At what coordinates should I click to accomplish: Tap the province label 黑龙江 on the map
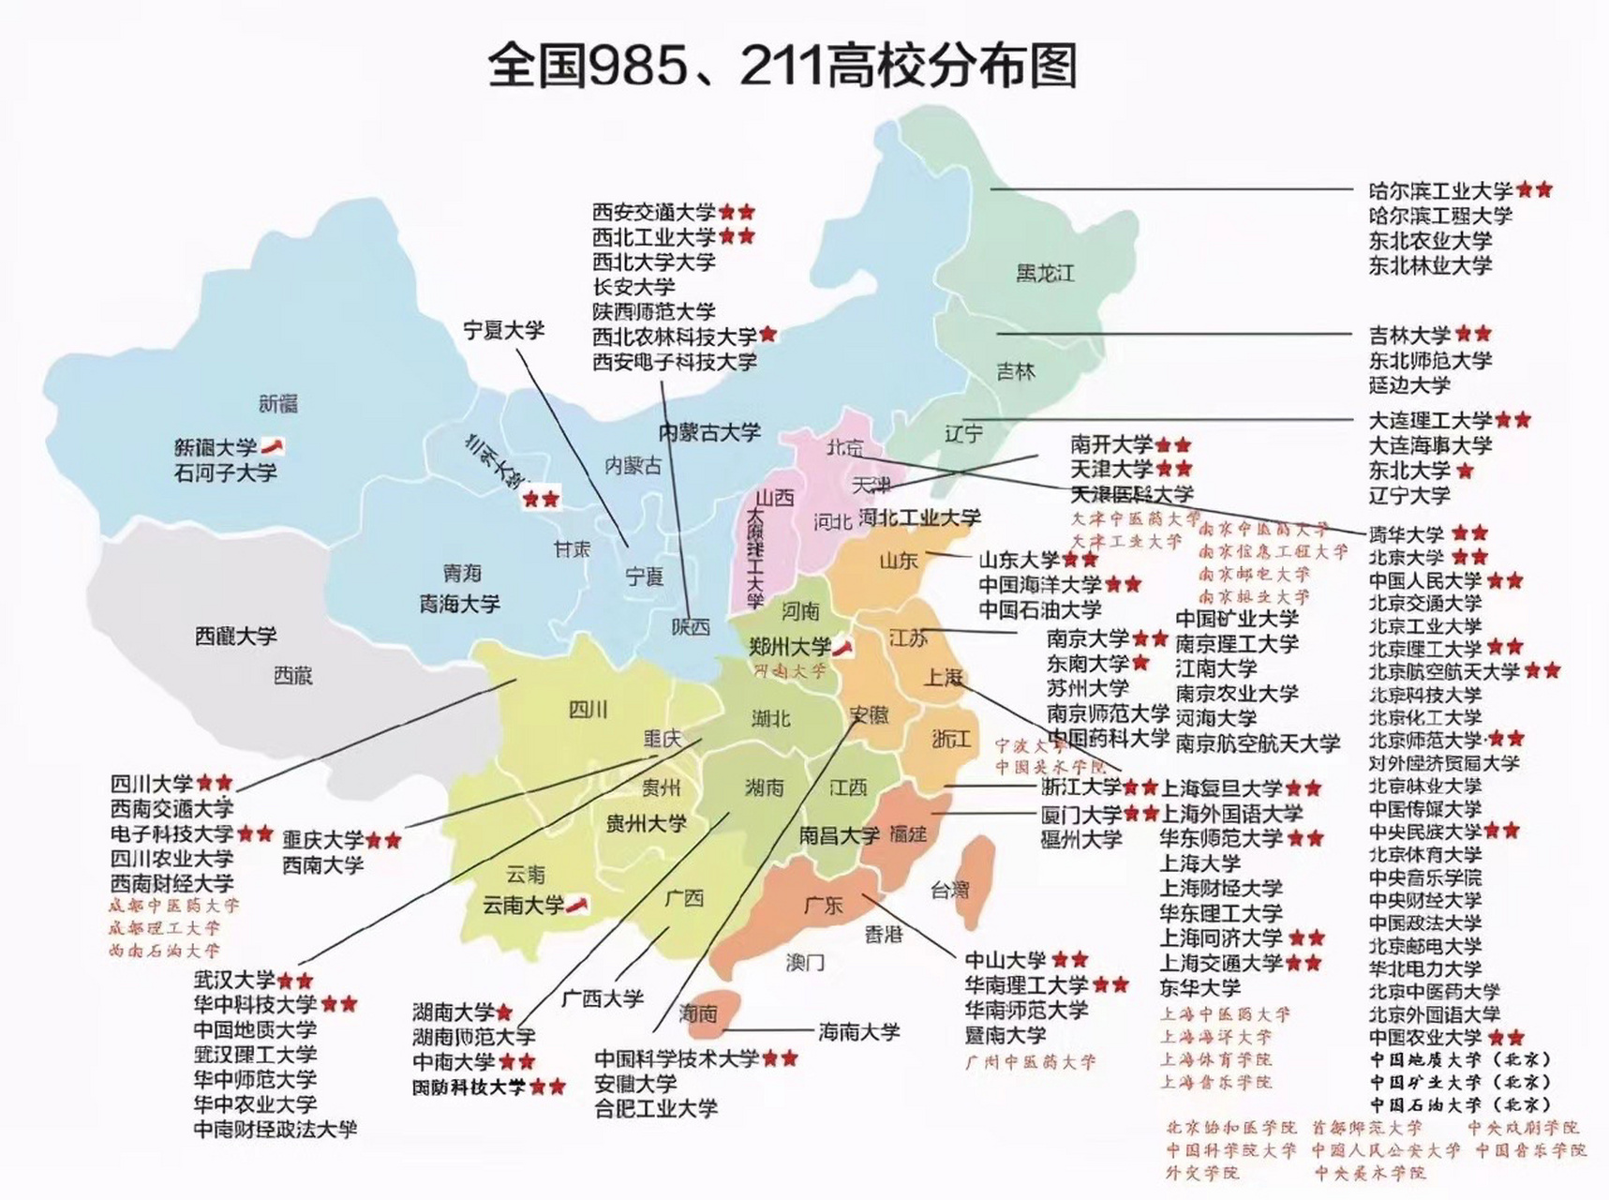pos(1045,274)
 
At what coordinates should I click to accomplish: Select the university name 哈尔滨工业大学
pos(1440,190)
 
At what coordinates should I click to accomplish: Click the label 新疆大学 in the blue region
pos(216,448)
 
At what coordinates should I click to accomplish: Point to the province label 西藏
pos(292,676)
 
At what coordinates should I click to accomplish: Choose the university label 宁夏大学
pos(503,330)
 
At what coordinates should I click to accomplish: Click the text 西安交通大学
pos(653,213)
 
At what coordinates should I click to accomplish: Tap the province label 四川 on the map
pos(588,710)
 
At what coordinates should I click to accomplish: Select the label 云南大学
pos(523,906)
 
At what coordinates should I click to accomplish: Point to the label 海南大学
pos(858,1032)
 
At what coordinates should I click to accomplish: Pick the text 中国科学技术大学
pos(676,1059)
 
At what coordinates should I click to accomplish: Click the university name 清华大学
pos(1406,534)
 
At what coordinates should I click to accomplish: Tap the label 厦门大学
pos(1080,815)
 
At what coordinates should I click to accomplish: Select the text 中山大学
pos(1006,960)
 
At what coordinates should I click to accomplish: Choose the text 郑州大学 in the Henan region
pos(790,647)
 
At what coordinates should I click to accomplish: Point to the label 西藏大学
pos(235,637)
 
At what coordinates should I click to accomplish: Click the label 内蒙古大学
pos(709,433)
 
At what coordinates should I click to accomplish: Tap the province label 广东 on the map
pos(823,906)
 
